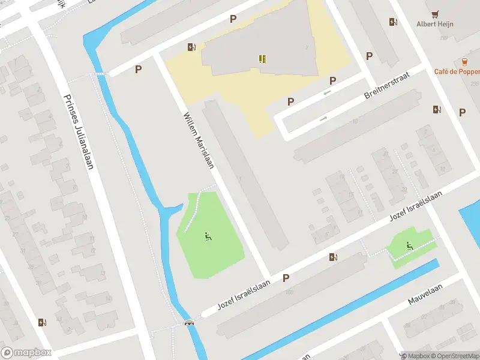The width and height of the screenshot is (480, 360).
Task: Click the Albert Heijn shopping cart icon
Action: click(435, 13)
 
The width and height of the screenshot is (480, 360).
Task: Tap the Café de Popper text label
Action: click(457, 71)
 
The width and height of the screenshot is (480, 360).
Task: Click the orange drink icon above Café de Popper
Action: click(464, 61)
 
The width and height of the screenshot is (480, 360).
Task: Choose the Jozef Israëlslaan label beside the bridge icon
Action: click(244, 295)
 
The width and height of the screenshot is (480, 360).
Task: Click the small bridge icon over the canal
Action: click(190, 323)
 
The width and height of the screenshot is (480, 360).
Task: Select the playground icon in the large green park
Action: click(208, 236)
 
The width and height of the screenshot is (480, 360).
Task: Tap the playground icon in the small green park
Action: click(409, 245)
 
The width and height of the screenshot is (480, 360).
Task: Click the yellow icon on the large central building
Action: click(262, 58)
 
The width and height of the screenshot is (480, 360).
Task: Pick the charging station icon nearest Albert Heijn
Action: click(393, 22)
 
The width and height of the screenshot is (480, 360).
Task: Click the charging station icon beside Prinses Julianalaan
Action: click(42, 322)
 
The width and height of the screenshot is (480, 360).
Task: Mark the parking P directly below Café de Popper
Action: click(462, 112)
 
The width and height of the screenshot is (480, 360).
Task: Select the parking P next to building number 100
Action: click(286, 278)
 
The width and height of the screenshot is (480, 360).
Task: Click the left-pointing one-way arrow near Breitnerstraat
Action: click(327, 92)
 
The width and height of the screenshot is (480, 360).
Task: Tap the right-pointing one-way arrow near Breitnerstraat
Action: click(323, 118)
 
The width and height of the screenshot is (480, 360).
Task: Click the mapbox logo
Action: click(26, 352)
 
